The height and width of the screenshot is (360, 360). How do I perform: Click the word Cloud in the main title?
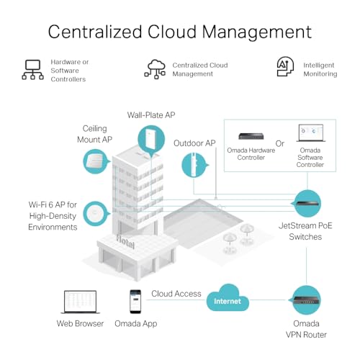point(171,32)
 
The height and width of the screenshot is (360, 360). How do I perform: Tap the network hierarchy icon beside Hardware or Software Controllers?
point(32,70)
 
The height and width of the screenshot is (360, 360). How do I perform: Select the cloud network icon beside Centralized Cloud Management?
point(155,69)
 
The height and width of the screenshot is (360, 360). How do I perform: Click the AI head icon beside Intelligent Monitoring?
point(285,67)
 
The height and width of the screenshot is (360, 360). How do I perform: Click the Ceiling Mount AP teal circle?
point(96,161)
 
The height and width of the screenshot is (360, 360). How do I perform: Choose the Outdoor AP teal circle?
point(194,165)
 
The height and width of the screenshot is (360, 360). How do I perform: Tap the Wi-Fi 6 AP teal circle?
point(96,213)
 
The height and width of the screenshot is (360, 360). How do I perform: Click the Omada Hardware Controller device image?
point(251,136)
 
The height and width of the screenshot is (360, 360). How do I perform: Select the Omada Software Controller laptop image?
point(311,133)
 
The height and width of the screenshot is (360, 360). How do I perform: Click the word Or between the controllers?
point(280,143)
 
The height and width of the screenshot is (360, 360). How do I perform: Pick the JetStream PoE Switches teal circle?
point(307,204)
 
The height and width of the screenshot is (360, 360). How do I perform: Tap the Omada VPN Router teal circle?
point(306,300)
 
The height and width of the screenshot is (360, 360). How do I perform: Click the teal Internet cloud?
point(228,298)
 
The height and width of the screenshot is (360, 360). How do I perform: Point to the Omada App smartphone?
point(135,302)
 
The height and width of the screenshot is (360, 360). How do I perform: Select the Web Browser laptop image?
point(80,302)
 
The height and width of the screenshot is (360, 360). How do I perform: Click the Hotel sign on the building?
point(125,242)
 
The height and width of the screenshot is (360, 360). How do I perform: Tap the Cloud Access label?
point(176,294)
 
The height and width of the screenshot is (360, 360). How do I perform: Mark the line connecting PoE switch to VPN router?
point(307,266)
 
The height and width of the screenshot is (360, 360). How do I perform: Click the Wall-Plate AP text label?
point(151,115)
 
